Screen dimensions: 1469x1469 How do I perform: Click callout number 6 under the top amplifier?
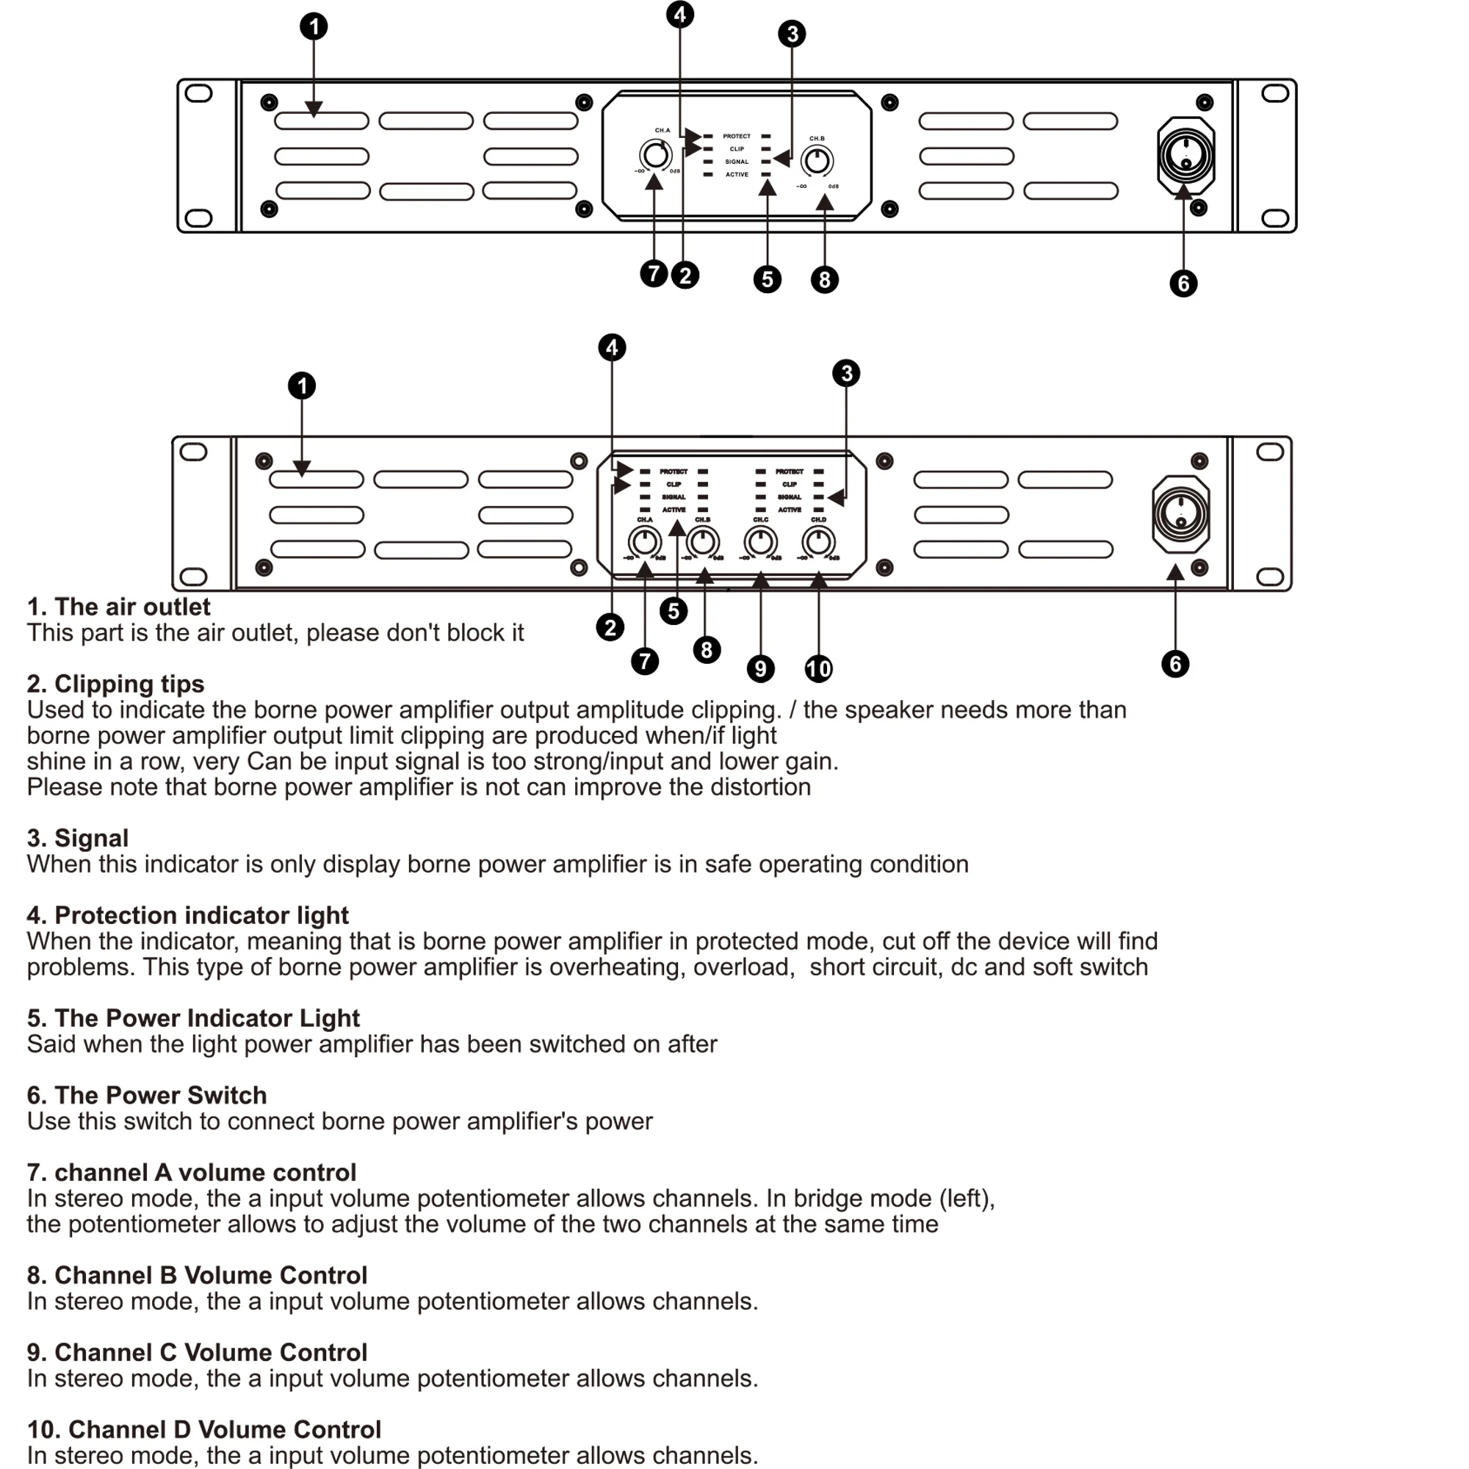click(x=1183, y=284)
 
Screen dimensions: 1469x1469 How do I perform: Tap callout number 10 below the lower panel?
click(x=818, y=669)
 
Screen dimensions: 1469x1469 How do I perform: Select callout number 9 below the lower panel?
click(x=760, y=669)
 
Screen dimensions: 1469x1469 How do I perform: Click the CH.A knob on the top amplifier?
click(x=654, y=155)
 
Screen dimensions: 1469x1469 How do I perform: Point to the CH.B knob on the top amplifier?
click(x=817, y=161)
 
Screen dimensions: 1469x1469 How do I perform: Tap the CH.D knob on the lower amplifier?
click(x=818, y=542)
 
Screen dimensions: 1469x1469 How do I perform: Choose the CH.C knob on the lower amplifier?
click(x=760, y=542)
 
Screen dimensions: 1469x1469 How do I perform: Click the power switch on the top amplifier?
click(x=1185, y=155)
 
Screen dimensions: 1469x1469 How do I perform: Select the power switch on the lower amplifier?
click(x=1180, y=514)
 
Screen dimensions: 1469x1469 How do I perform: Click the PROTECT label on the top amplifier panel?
click(x=736, y=136)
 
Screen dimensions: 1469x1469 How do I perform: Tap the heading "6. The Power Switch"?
click(x=147, y=1095)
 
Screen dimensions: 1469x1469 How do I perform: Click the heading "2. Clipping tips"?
click(x=115, y=684)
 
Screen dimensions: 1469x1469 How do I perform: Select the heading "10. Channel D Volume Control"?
click(x=203, y=1429)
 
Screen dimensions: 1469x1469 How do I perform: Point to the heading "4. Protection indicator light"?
click(x=188, y=914)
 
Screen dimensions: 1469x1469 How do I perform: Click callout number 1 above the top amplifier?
click(x=314, y=26)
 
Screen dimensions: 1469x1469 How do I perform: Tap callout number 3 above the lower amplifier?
click(x=846, y=373)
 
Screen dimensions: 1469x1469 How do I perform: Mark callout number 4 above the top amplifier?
click(x=679, y=14)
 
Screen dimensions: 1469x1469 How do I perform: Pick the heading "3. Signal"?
click(x=78, y=838)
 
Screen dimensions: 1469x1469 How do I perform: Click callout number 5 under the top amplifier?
click(x=768, y=279)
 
